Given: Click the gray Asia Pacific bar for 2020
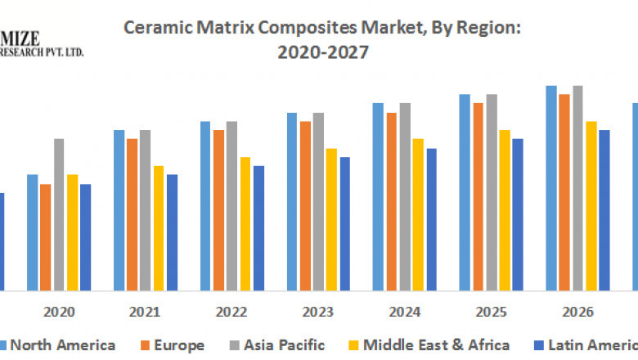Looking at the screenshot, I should click(59, 214).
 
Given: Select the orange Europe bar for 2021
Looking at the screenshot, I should click(132, 214).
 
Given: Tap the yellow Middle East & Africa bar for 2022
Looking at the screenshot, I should click(245, 223).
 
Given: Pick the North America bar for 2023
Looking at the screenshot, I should click(292, 201).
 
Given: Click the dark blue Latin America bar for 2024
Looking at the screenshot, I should click(431, 219).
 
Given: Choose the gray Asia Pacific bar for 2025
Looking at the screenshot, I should click(492, 192).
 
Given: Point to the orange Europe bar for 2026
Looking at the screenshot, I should click(564, 192).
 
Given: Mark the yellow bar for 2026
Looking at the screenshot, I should click(591, 205).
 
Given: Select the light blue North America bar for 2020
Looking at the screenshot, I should click(33, 232).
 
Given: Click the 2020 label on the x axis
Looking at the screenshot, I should click(59, 312).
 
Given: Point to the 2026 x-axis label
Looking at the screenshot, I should click(577, 312).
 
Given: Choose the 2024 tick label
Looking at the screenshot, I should click(405, 312).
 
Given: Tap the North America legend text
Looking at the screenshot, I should click(62, 345).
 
